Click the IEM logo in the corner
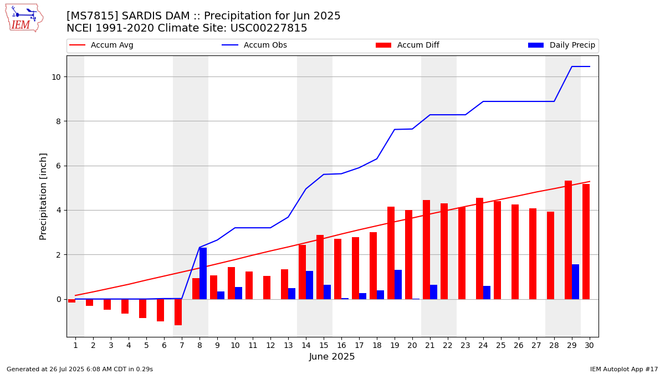(x=24, y=18)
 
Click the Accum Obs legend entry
(x=265, y=45)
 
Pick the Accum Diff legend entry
(x=418, y=45)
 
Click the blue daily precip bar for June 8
(x=203, y=273)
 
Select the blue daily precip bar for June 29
(x=575, y=281)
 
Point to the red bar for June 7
(x=178, y=312)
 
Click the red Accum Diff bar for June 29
(x=568, y=240)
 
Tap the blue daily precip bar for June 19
(x=398, y=284)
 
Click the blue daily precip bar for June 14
(x=309, y=285)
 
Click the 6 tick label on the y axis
(x=57, y=166)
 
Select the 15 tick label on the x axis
(x=324, y=345)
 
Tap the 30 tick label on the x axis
(x=589, y=345)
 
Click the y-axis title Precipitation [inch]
(x=43, y=196)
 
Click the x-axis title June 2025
(x=332, y=357)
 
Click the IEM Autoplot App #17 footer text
(x=623, y=369)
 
